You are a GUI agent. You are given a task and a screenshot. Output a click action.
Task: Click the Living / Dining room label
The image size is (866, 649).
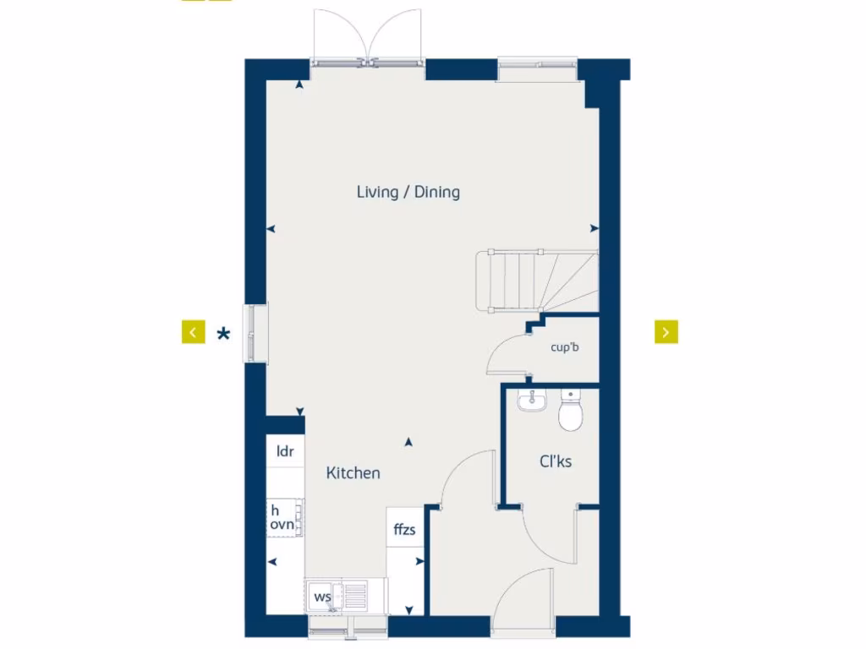coord(408,192)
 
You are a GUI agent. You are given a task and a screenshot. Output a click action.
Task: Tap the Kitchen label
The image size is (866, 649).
coord(353,472)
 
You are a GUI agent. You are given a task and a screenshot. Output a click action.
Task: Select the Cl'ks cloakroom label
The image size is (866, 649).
coord(556,461)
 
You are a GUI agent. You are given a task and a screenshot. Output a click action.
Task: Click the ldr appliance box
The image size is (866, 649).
coord(285,451)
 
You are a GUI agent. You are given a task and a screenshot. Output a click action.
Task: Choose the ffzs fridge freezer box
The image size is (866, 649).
coord(405,531)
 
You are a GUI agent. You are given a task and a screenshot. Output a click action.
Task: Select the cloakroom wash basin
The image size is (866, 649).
coord(531,401)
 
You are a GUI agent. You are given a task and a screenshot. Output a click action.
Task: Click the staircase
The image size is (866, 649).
coord(537,279)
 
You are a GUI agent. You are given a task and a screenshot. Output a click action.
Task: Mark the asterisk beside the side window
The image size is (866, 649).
coord(223,335)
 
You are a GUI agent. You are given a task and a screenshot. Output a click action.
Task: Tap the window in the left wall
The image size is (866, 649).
coord(256,333)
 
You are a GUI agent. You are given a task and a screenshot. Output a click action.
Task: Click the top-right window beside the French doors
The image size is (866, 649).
coord(536,69)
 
